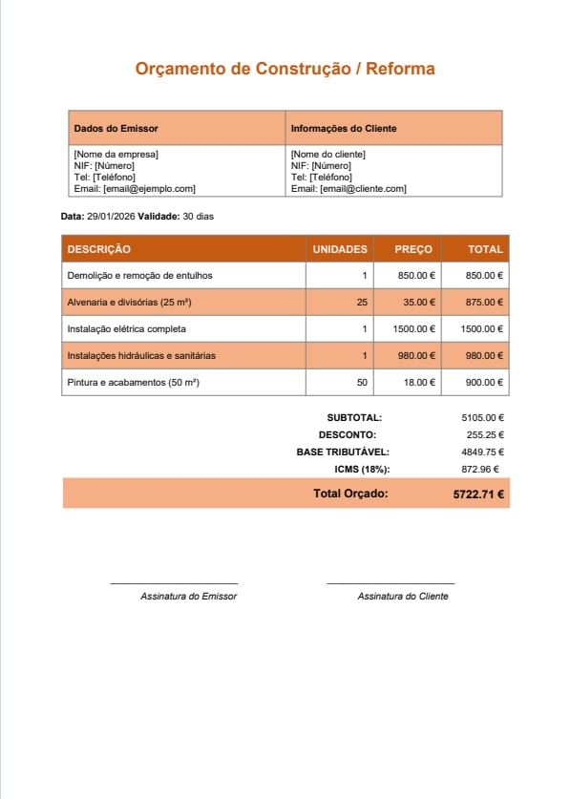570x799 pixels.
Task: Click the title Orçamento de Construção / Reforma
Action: click(285, 69)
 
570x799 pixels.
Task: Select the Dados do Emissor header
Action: click(116, 128)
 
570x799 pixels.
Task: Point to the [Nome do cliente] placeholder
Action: click(327, 154)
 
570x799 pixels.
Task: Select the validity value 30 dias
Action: click(198, 217)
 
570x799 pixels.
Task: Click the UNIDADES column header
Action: click(340, 249)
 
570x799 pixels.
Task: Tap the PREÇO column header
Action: click(413, 249)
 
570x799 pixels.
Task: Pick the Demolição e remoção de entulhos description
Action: click(139, 275)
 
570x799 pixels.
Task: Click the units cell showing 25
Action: click(362, 302)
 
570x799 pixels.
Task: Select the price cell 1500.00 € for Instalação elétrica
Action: click(414, 328)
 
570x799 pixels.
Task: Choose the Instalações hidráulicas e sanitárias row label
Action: click(141, 355)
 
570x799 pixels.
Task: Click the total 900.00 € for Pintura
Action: click(484, 382)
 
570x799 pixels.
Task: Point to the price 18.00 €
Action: click(418, 382)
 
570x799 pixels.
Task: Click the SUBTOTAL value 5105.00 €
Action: click(482, 417)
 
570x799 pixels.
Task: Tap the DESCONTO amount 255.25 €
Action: click(485, 434)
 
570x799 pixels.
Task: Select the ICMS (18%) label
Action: click(362, 469)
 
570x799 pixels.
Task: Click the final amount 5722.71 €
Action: click(478, 494)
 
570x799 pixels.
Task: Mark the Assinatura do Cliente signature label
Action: click(402, 596)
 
